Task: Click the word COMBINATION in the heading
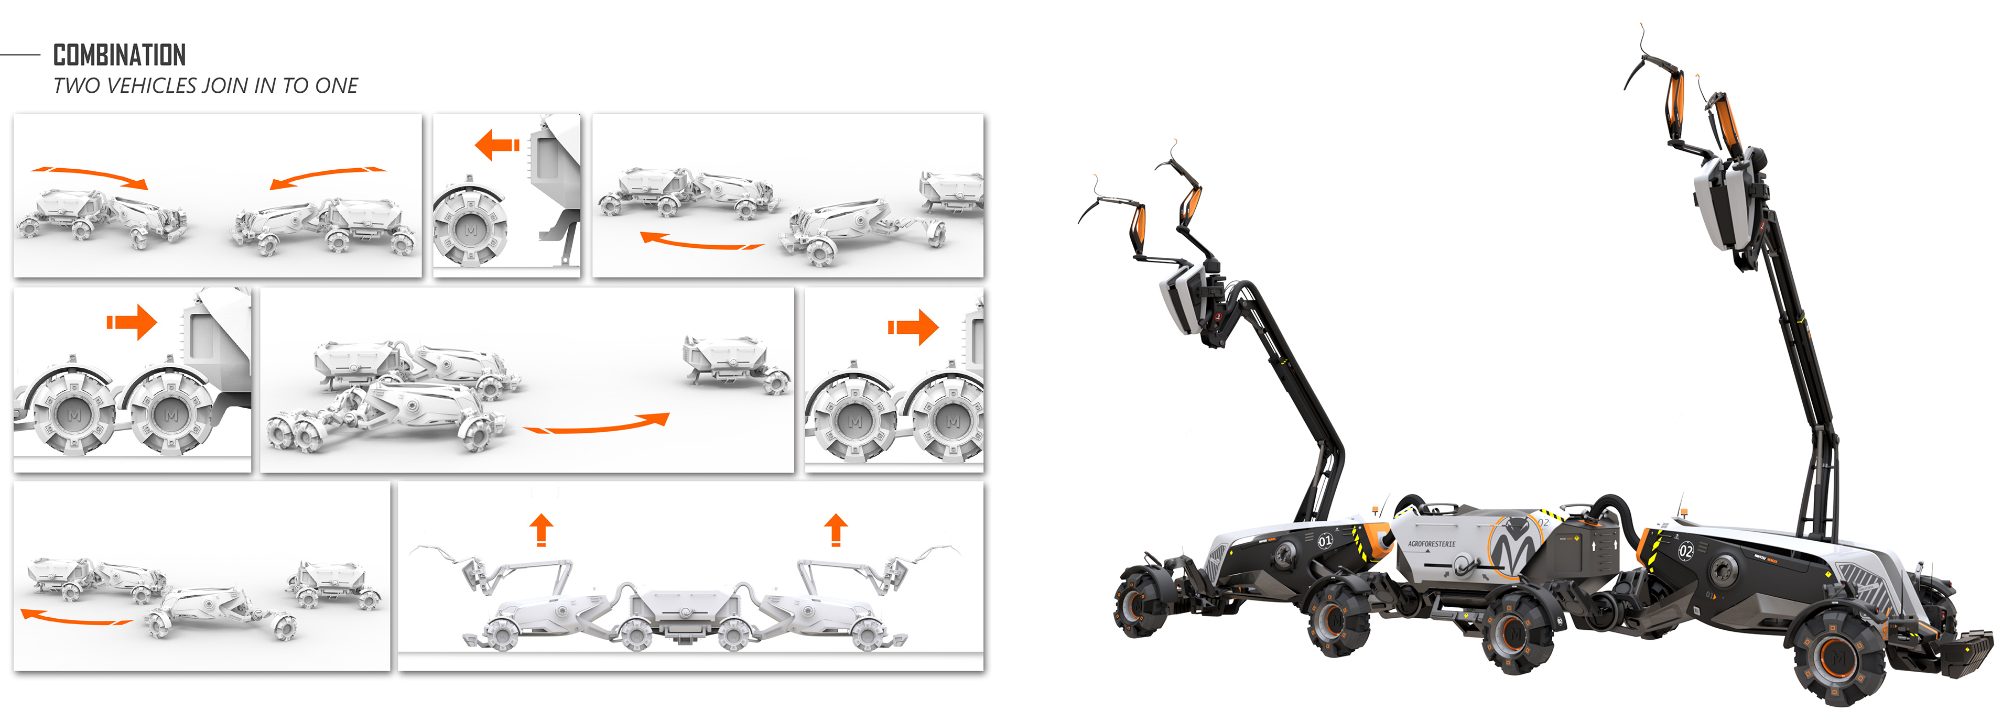point(119,56)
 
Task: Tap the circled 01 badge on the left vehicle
point(1325,541)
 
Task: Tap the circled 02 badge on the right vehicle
point(1685,551)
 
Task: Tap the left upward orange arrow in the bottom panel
point(541,529)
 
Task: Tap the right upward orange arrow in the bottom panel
point(836,529)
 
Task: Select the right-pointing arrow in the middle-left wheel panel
point(132,322)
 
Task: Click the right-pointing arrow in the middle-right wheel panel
point(913,326)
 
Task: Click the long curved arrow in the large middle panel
point(598,425)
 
